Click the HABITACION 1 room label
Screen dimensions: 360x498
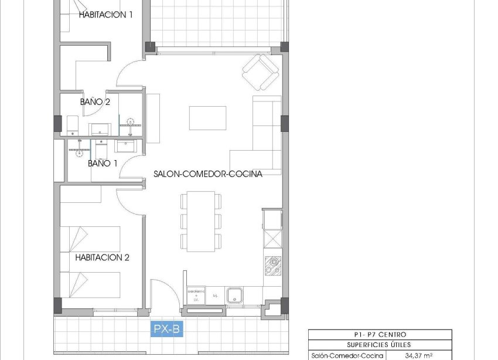pyautogui.click(x=105, y=15)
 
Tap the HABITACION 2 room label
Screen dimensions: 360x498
pyautogui.click(x=102, y=257)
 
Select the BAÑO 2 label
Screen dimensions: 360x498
pyautogui.click(x=95, y=101)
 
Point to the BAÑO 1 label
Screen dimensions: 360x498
pyautogui.click(x=103, y=163)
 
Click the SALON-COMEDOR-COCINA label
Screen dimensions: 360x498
pyautogui.click(x=207, y=174)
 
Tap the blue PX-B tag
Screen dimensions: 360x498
pyautogui.click(x=167, y=330)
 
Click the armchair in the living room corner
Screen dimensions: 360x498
pyautogui.click(x=260, y=72)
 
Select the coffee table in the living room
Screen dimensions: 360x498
pyautogui.click(x=207, y=118)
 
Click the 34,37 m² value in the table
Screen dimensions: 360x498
pyautogui.click(x=418, y=355)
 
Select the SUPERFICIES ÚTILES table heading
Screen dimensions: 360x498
pyautogui.click(x=380, y=345)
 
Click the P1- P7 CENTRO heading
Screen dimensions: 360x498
pyautogui.click(x=380, y=334)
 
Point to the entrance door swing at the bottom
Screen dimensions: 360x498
pyautogui.click(x=160, y=291)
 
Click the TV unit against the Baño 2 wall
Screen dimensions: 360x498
pyautogui.click(x=153, y=118)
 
